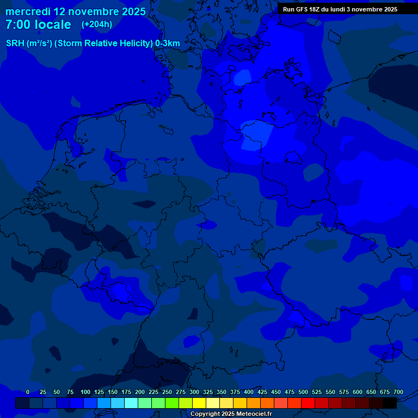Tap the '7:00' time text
tap(17, 24)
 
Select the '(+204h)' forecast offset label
tap(97, 24)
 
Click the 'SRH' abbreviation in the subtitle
tap(15, 44)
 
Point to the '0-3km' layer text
tap(168, 44)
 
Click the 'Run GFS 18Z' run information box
tap(340, 9)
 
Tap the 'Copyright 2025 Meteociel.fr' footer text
tap(231, 414)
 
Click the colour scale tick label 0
tap(28, 392)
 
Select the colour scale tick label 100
tap(85, 392)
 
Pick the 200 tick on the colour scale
tap(140, 392)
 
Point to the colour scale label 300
tap(194, 392)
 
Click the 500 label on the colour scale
tap(303, 392)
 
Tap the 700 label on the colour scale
tap(398, 392)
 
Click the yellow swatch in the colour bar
tap(199, 403)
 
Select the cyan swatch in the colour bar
tap(131, 403)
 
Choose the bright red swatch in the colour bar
tap(308, 403)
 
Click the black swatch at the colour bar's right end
tap(390, 403)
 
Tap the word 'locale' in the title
tap(53, 24)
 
